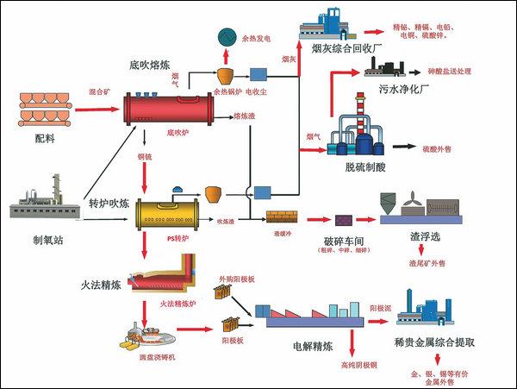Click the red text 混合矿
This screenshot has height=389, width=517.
click(101, 90)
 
